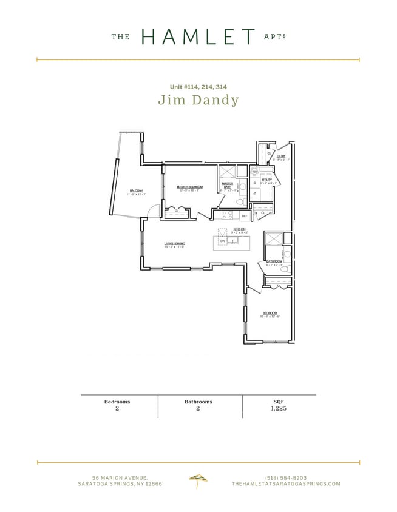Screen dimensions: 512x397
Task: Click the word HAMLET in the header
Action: [198, 37]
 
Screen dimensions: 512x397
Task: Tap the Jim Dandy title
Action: [198, 100]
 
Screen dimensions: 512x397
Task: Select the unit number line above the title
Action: [198, 87]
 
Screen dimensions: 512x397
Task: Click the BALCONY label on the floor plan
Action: [136, 190]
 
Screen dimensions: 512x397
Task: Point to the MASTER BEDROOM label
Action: [189, 187]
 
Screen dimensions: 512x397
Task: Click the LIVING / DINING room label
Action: [174, 243]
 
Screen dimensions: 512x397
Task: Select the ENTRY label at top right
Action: [281, 157]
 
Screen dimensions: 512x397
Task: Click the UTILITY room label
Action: [266, 180]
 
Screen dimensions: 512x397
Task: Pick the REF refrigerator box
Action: [245, 215]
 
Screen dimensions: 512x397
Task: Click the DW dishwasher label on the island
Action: [223, 241]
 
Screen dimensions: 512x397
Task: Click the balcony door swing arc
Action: [154, 210]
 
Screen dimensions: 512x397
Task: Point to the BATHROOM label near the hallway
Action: [274, 261]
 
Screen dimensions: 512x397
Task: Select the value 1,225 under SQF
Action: [279, 409]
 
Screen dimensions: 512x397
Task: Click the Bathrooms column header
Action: [198, 402]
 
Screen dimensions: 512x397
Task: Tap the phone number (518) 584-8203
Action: [286, 477]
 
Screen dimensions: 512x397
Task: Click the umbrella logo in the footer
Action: [198, 480]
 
